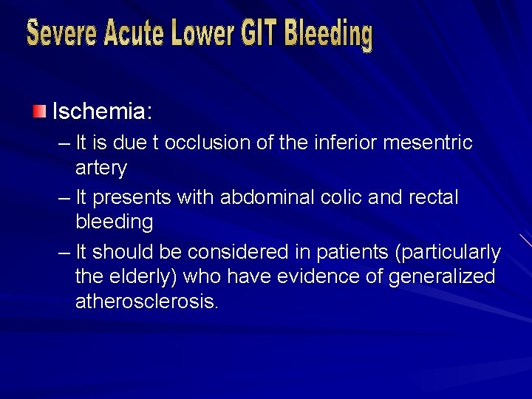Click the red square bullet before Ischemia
[x=38, y=112]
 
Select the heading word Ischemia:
[x=102, y=112]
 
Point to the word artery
[x=101, y=168]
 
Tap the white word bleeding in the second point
[x=115, y=222]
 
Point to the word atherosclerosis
[x=147, y=301]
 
